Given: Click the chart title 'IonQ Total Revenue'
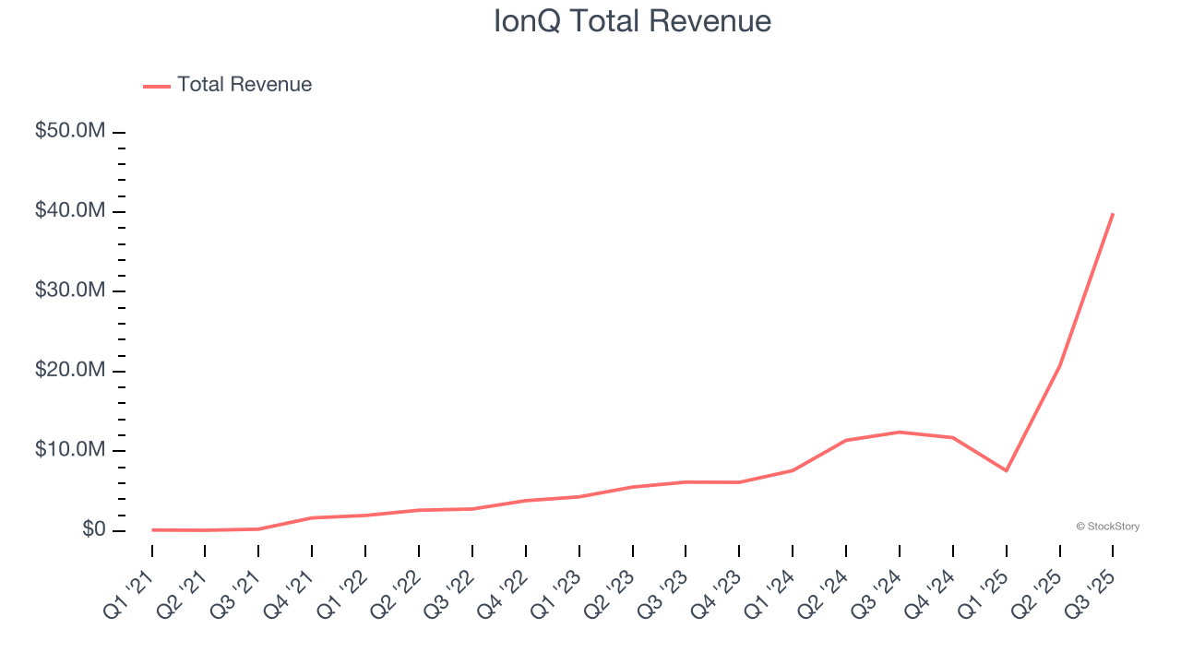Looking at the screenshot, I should [632, 20].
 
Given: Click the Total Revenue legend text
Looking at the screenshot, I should [245, 85].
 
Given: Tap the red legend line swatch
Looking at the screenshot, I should [157, 86].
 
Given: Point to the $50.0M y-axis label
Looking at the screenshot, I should [70, 131].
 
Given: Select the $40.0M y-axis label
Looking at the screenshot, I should [70, 211].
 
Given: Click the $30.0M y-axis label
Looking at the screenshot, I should [70, 290].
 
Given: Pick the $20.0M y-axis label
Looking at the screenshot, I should [70, 371].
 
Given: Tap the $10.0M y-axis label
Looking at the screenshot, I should [70, 450].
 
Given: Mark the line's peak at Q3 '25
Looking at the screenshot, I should [1113, 214].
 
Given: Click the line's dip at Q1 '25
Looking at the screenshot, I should [1007, 470].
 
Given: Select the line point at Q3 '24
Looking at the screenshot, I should [900, 432].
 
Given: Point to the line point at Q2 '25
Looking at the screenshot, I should [1059, 366].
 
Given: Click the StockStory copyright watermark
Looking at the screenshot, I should [1107, 527].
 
